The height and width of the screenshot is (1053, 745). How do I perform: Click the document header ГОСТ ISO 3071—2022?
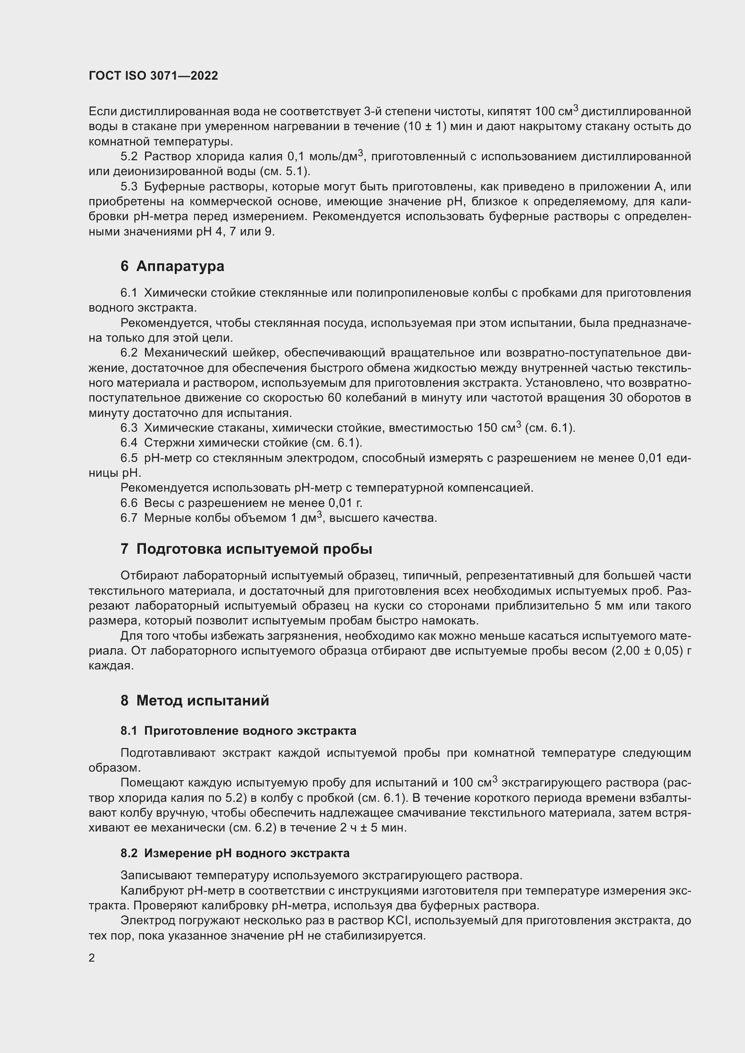153,76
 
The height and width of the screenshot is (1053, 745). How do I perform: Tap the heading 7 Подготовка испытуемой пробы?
246,549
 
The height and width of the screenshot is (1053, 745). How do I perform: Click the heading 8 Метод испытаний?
195,701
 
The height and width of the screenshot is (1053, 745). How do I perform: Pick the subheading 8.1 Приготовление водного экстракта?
238,731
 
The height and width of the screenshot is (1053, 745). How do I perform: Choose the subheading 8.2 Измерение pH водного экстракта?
235,853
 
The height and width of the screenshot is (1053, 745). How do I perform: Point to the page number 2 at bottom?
92,958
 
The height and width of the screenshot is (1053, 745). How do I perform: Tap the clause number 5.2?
129,157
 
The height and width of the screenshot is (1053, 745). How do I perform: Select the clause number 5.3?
129,187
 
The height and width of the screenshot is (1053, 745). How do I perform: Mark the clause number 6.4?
129,443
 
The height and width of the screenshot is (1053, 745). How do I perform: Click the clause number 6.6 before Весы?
129,503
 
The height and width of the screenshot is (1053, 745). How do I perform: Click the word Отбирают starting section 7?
149,576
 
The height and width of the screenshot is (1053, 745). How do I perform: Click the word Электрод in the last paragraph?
146,921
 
